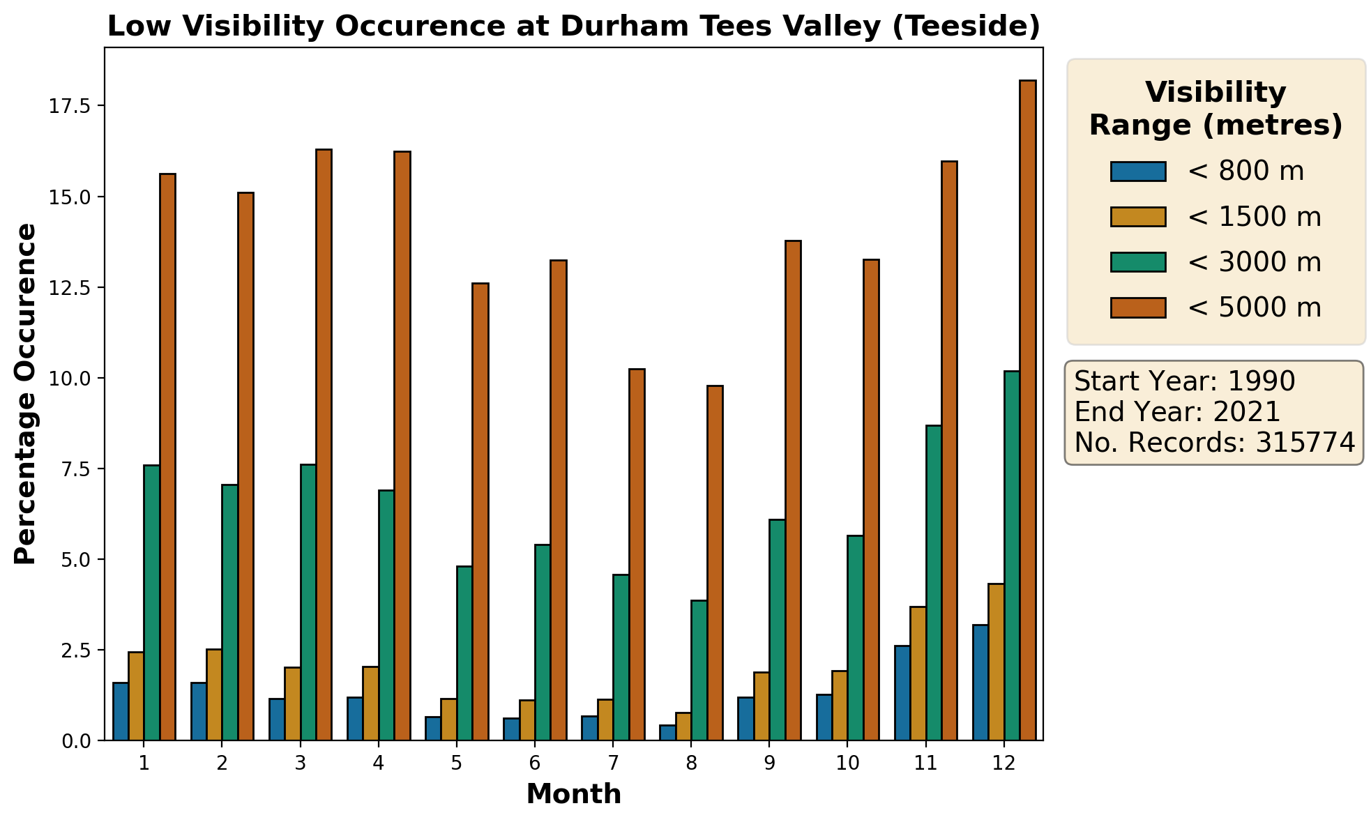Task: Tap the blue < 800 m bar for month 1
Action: pos(121,711)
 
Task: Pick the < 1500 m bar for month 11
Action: pos(918,673)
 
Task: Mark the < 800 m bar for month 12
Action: pos(980,683)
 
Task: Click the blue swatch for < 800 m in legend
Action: pos(1138,172)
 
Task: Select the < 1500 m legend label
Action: pos(1254,217)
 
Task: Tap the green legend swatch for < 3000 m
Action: pos(1138,262)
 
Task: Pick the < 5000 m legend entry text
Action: pos(1254,307)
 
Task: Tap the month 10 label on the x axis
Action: pos(847,763)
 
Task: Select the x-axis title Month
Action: pos(573,794)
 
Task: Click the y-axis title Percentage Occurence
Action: pos(25,394)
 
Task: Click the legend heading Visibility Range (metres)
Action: pos(1215,109)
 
